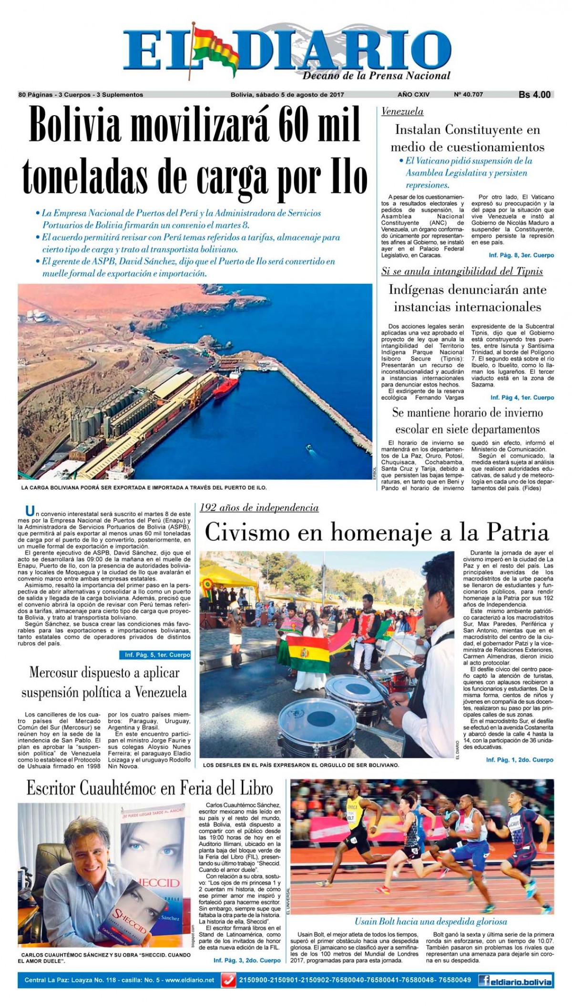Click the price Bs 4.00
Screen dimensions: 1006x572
pos(534,95)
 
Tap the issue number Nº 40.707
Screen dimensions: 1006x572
pos(469,95)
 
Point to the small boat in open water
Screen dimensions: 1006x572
pos(310,448)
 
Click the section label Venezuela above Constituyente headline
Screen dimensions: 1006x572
pos(402,112)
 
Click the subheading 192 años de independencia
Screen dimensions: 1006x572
pos(259,508)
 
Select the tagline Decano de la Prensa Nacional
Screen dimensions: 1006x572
pos(377,75)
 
